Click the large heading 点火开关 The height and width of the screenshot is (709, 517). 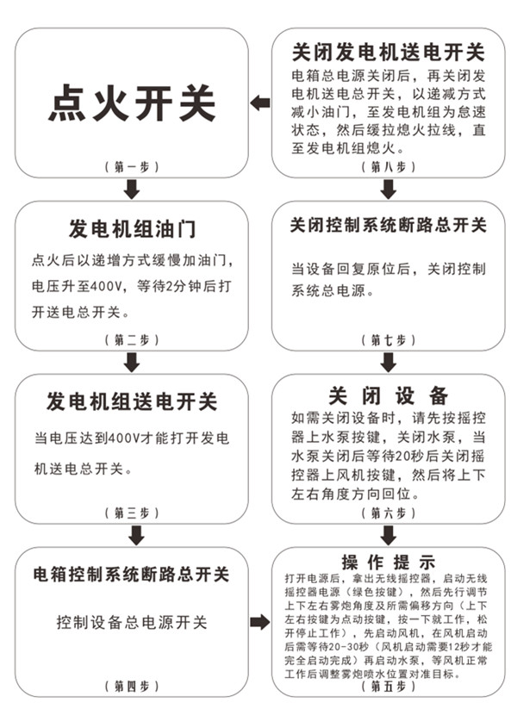pos(131,103)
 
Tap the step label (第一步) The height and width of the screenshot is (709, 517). pos(131,165)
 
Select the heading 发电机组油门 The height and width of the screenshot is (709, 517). pos(131,230)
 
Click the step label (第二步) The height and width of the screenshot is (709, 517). pos(131,339)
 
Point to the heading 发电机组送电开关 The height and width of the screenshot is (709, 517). pos(131,402)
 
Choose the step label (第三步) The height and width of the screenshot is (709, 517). pos(131,513)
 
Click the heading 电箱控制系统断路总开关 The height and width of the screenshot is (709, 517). pos(131,575)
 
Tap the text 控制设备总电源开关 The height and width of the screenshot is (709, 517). pos(131,622)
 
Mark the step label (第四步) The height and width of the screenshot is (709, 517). pos(131,686)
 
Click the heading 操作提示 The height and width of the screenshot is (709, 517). pos(388,561)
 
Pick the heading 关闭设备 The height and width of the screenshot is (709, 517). pos(388,395)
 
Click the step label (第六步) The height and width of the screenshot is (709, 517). pos(388,513)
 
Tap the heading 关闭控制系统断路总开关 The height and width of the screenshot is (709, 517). pos(388,227)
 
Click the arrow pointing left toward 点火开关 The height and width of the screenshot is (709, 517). pos(259,103)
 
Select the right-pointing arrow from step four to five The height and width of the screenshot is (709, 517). pos(259,622)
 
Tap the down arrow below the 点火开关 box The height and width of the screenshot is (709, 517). pos(131,189)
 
